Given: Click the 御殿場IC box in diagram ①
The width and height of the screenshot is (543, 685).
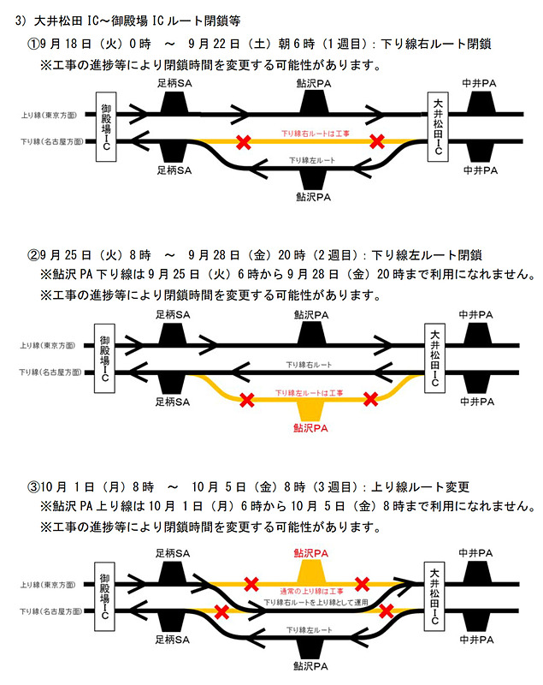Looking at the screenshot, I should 105,128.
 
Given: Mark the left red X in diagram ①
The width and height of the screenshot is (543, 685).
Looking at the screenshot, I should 245,141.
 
